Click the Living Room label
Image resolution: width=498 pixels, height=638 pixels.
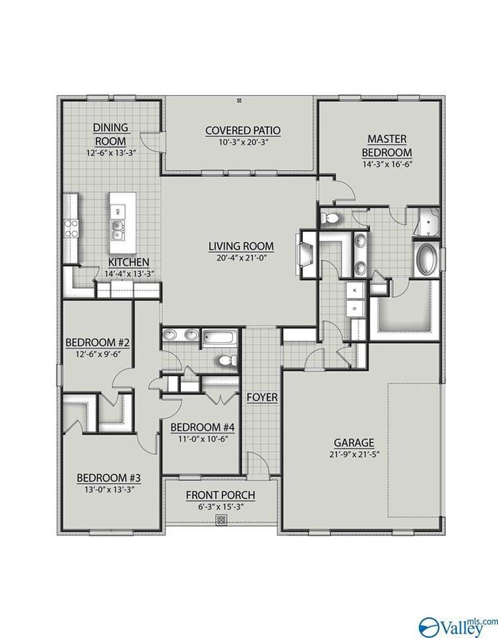coord(241,246)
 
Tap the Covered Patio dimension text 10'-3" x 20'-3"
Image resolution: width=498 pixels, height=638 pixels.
coord(244,142)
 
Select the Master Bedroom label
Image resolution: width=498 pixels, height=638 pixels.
coord(387,146)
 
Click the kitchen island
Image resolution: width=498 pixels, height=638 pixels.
coord(123,224)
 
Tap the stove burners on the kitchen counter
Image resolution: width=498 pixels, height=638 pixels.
coord(70,228)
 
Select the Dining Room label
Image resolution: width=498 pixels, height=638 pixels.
coord(110,134)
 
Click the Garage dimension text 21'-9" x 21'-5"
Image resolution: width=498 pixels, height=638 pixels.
coord(353,454)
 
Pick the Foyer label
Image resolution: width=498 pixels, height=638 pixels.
coord(263,397)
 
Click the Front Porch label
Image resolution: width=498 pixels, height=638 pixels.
coord(221,496)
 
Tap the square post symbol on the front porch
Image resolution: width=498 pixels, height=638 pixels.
coord(221,519)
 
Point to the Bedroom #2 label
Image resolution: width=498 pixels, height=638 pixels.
coord(97,342)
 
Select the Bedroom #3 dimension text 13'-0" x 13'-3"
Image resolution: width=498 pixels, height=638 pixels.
coord(108,489)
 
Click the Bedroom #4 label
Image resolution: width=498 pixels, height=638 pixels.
coord(202,427)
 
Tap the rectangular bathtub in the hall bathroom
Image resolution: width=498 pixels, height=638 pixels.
coord(220,338)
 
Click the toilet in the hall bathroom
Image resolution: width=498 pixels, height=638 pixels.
coord(227,360)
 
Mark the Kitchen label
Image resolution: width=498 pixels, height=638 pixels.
coord(129,262)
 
